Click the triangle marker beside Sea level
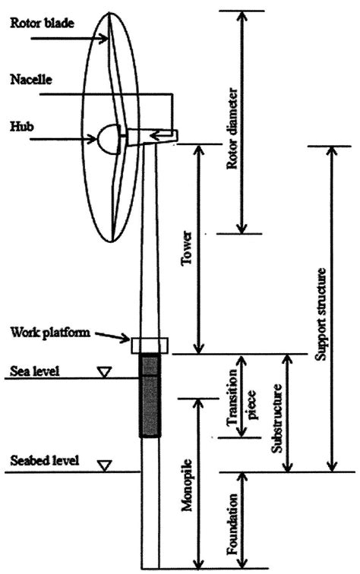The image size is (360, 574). coord(106,371)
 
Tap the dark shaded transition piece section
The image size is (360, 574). coord(150,396)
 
